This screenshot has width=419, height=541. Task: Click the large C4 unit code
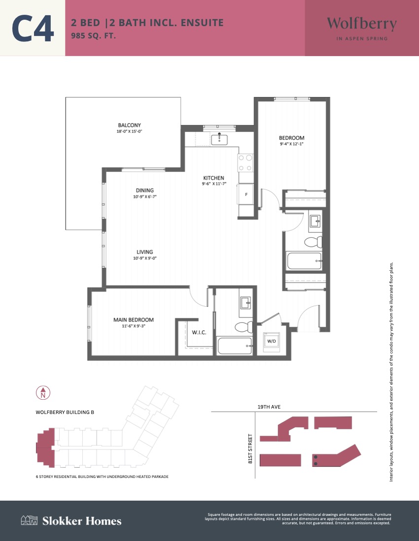[x=33, y=28]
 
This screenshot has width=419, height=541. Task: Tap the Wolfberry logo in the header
[x=362, y=28]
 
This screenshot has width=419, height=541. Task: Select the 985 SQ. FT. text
[x=93, y=35]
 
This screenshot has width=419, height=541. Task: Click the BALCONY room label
[x=129, y=125]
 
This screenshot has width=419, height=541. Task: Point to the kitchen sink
[x=219, y=139]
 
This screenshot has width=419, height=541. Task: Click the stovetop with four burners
[x=245, y=163]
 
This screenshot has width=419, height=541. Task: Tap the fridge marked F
[x=245, y=194]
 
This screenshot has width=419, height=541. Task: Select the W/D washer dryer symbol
[x=272, y=342]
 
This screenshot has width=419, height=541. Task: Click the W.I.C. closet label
[x=199, y=332]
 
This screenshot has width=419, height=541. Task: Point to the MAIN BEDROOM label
[x=133, y=320]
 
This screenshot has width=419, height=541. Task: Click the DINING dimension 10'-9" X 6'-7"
[x=145, y=197]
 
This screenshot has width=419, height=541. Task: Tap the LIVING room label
[x=145, y=252]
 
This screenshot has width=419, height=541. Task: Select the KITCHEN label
[x=213, y=178]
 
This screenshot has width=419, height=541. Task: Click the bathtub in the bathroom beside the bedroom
[x=304, y=261]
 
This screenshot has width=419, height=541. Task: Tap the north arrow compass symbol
[x=43, y=393]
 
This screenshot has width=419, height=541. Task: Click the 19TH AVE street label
[x=269, y=407]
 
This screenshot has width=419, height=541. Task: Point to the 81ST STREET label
[x=250, y=448]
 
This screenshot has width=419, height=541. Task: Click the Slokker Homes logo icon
[x=29, y=520]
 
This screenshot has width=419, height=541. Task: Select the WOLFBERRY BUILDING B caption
[x=65, y=413]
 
